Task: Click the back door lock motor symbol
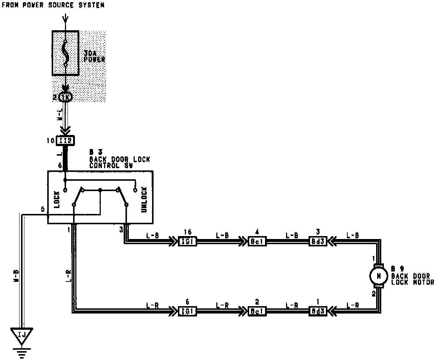coord(378,275)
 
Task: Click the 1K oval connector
coord(65,97)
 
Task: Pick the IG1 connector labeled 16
coord(187,242)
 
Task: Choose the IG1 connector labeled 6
coord(187,311)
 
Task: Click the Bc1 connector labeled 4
coord(257,242)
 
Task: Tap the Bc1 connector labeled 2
coord(257,311)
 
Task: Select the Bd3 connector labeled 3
coord(318,242)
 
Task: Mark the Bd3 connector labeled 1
coord(318,311)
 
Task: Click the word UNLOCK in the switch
coord(144,199)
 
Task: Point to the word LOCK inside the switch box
coord(57,199)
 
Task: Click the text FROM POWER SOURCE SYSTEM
coord(53,5)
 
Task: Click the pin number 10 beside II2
coord(51,141)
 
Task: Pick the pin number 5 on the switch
coord(43,209)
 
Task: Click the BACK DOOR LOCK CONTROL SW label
coord(120,159)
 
